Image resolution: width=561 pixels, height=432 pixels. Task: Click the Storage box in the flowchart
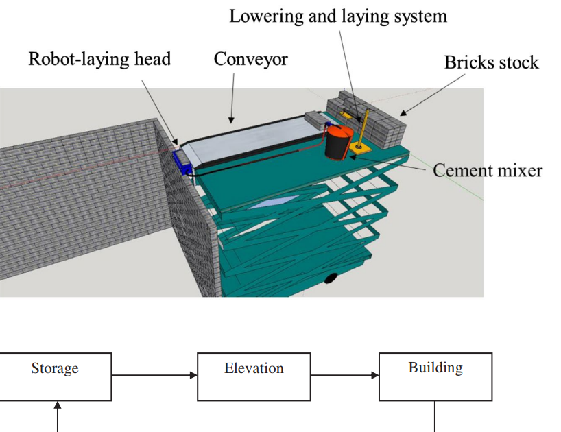pos(55,376)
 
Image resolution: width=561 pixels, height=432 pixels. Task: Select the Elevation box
pos(254,376)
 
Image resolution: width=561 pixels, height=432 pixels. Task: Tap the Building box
pos(435,376)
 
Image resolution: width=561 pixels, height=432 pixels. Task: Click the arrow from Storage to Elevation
pos(154,375)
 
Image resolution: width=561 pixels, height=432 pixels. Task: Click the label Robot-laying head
pos(99,59)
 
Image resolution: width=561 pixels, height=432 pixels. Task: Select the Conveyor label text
pos(251,59)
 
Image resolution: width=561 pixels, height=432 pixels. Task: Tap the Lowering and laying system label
pos(338,16)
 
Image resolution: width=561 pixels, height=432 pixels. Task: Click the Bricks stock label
pos(491,62)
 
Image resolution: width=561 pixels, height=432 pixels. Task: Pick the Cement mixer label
pos(487,169)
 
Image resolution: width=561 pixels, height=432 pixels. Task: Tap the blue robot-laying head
pos(183,162)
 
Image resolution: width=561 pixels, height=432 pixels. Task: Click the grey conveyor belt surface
pos(254,141)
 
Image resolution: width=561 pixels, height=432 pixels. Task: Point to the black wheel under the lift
pos(331,278)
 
